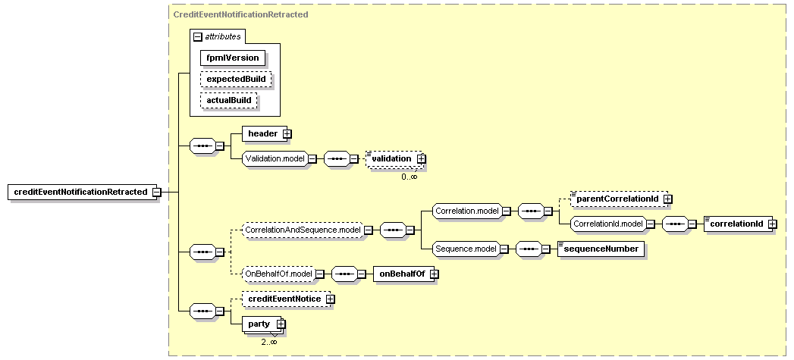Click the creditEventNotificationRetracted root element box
[x=80, y=192]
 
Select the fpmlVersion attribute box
[x=232, y=58]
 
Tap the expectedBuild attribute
[x=236, y=79]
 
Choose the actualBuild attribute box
[x=229, y=100]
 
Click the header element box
[x=265, y=133]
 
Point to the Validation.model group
[x=275, y=158]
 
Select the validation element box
[x=394, y=158]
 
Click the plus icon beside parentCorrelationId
[x=667, y=199]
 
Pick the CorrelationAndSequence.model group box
[x=303, y=230]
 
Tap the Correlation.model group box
[x=467, y=211]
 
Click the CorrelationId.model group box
[x=608, y=224]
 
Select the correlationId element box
[x=738, y=224]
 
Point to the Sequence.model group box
[x=466, y=249]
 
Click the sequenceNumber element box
[x=601, y=249]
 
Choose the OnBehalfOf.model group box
[x=278, y=274]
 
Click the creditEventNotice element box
[x=286, y=299]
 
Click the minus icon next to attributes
[x=197, y=36]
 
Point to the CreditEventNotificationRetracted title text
[x=240, y=14]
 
